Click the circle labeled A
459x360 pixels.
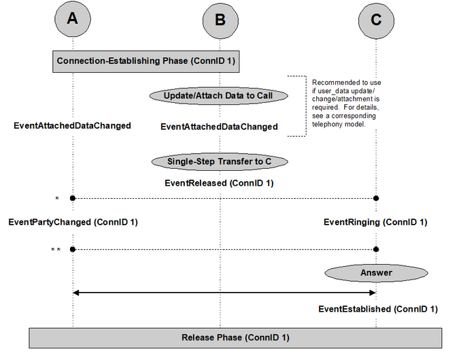coord(73,19)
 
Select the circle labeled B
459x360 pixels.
coord(220,20)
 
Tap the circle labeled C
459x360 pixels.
coord(376,20)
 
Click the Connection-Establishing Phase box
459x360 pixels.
coord(146,61)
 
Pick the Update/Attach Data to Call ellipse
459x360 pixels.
coord(218,96)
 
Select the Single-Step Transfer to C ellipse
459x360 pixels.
coord(220,161)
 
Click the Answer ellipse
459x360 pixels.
coord(376,273)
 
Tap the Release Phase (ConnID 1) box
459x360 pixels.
coord(235,338)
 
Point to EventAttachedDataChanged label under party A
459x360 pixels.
coord(72,126)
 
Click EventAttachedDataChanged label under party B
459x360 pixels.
coord(219,127)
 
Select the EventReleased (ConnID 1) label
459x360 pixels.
coord(219,183)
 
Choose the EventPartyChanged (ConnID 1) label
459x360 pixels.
coord(73,222)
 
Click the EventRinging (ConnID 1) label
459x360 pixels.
coord(375,222)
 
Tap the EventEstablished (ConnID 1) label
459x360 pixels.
coord(378,309)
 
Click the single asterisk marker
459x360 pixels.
coord(57,199)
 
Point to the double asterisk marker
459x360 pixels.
coord(56,250)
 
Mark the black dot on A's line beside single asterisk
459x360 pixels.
coord(73,198)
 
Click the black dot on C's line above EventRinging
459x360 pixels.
coord(376,198)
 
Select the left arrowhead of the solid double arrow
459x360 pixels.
coord(75,293)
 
